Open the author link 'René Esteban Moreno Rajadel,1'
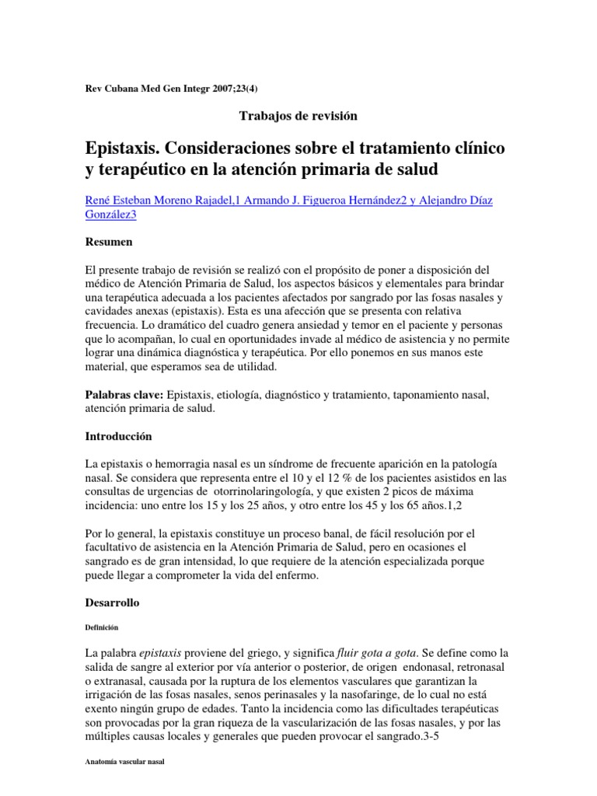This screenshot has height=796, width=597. pyautogui.click(x=162, y=201)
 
